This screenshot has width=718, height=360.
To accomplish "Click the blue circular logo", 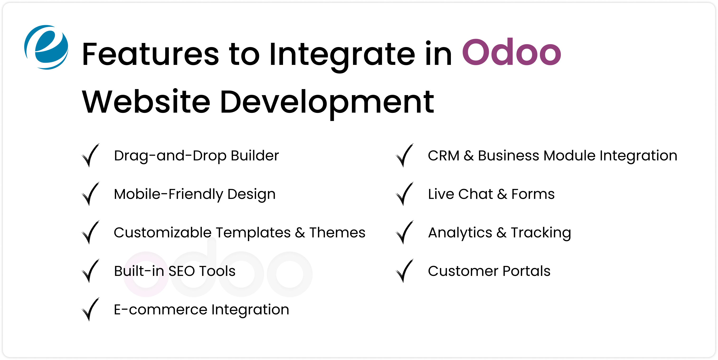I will (x=46, y=47).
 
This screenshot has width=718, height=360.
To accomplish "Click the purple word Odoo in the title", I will (x=511, y=53).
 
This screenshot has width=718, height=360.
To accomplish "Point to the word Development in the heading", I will (x=327, y=102).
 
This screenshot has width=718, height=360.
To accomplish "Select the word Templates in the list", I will (x=253, y=232).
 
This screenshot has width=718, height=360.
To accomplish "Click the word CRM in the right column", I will (x=444, y=155).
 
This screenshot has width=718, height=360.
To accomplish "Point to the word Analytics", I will (x=460, y=233).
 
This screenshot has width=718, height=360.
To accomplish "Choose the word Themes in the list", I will (x=337, y=232).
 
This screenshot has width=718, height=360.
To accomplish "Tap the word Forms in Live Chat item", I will (x=533, y=194).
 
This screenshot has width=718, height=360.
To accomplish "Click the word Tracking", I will (x=541, y=233).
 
